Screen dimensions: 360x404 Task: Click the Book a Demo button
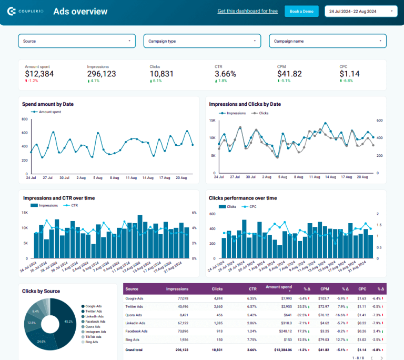pyautogui.click(x=301, y=11)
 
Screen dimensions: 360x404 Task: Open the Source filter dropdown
pyautogui.click(x=77, y=41)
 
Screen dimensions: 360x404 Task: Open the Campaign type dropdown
pyautogui.click(x=202, y=41)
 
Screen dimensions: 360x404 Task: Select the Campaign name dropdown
pyautogui.click(x=328, y=41)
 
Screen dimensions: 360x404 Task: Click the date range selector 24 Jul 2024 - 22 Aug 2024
pyautogui.click(x=361, y=11)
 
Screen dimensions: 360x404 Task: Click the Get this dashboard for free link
pyautogui.click(x=247, y=11)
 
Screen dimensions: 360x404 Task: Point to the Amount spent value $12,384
pyautogui.click(x=39, y=74)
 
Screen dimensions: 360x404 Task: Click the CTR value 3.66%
pyautogui.click(x=225, y=74)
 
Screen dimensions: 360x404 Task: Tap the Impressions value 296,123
pyautogui.click(x=102, y=74)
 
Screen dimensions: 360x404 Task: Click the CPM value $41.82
pyautogui.click(x=289, y=74)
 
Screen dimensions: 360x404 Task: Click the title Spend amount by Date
pyautogui.click(x=48, y=104)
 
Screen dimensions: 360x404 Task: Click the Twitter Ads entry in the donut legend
pyautogui.click(x=95, y=312)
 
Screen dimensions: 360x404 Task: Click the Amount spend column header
pyautogui.click(x=279, y=287)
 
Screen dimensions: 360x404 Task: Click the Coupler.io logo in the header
pyautogui.click(x=25, y=11)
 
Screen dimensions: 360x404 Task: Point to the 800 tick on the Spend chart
pyautogui.click(x=25, y=119)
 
